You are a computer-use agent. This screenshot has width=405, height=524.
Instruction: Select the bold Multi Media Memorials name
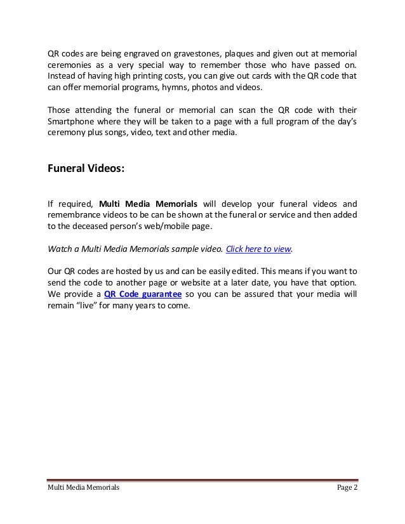(x=147, y=204)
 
